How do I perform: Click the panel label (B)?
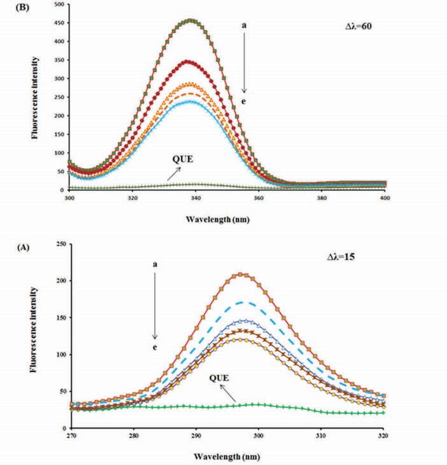click(x=11, y=10)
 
